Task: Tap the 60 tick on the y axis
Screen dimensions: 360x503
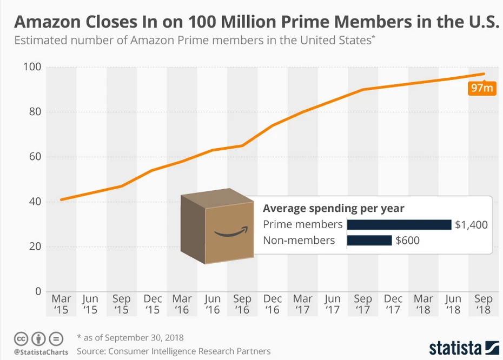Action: pos(35,157)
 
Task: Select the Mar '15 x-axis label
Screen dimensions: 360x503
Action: pos(61,304)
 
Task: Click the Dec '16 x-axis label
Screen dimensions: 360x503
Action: pos(273,304)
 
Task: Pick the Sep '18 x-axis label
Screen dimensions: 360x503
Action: pos(483,304)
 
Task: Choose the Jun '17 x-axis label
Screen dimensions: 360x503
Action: pos(333,304)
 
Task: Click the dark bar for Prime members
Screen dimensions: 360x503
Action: pos(399,224)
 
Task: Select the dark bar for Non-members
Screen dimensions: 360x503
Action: pos(369,240)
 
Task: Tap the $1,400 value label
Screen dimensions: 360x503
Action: pos(471,224)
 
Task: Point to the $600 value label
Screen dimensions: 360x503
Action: pos(408,240)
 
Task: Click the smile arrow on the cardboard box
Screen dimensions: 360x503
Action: pos(231,232)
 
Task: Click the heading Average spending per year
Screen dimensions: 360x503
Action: pos(334,208)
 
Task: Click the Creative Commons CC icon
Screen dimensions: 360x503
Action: pos(21,339)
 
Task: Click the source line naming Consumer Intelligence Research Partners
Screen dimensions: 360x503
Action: pos(174,351)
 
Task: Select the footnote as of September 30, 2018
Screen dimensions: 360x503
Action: pos(130,338)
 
